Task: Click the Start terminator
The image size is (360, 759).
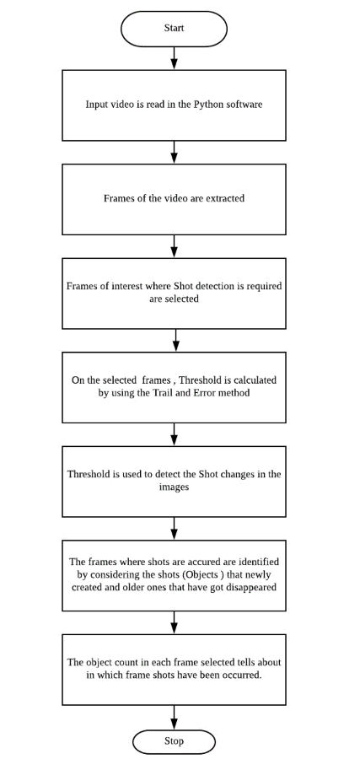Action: (x=174, y=28)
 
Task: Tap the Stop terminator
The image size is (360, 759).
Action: (x=174, y=741)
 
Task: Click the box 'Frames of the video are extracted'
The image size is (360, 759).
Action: (x=174, y=199)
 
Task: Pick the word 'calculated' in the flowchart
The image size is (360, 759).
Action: (x=252, y=380)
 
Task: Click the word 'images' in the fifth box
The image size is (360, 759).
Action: (x=174, y=487)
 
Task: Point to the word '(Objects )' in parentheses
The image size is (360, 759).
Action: (x=201, y=574)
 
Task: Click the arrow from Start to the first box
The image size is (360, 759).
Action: (x=174, y=57)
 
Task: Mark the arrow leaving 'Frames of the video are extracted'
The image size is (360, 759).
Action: (x=174, y=245)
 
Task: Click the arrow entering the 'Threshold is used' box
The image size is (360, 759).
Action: (x=174, y=434)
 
